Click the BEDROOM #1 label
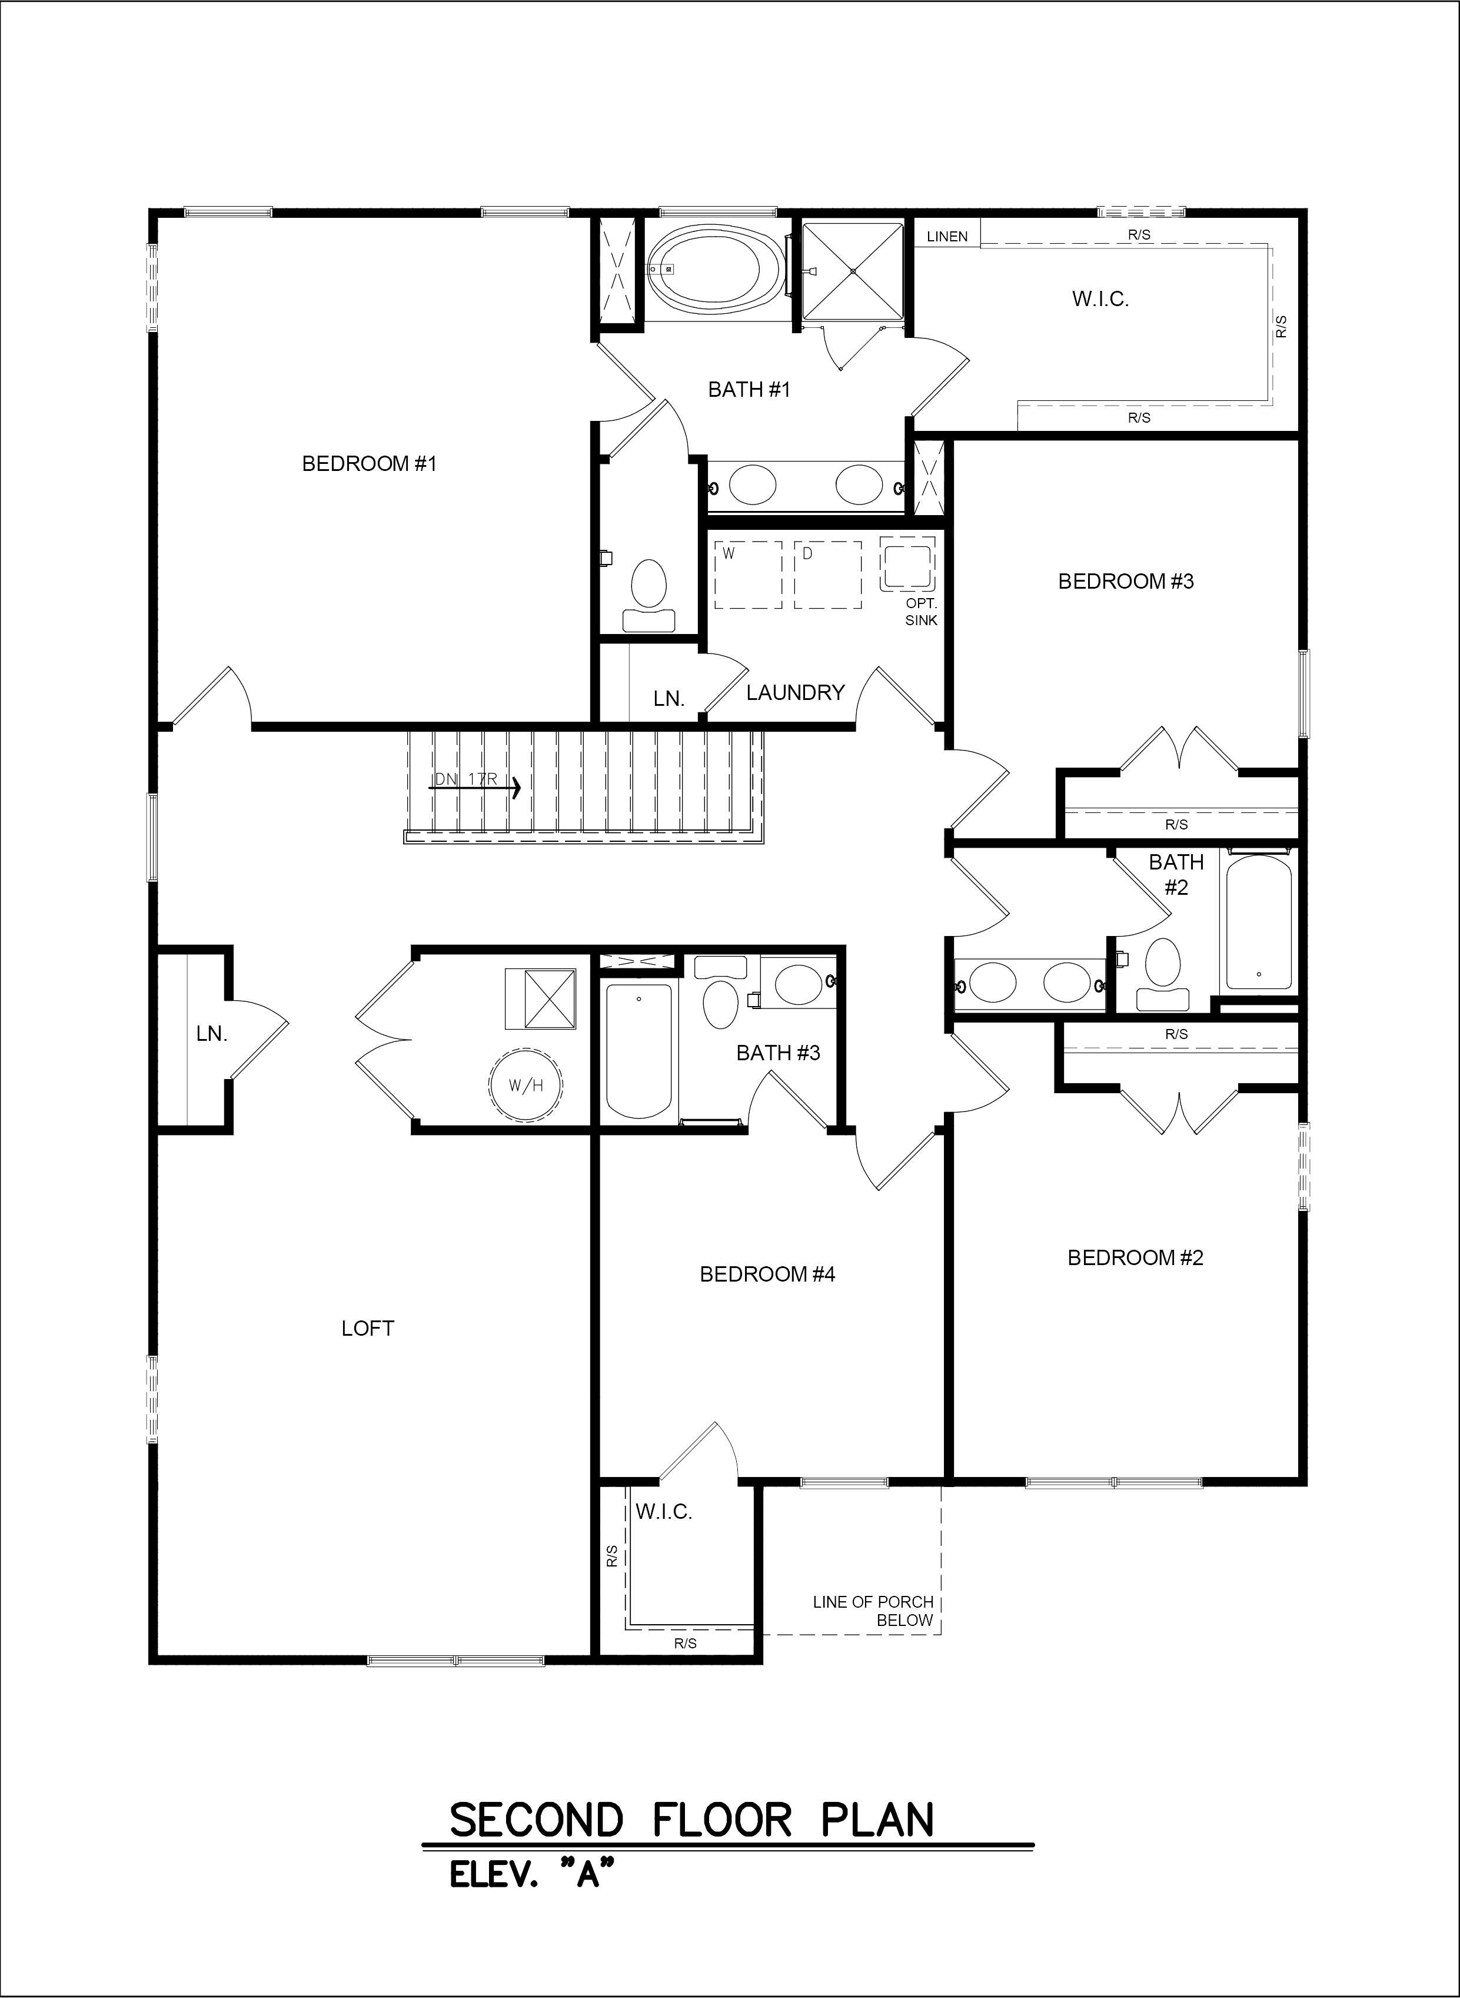pyautogui.click(x=370, y=463)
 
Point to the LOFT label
pyautogui.click(x=368, y=1328)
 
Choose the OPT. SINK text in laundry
pyautogui.click(x=921, y=611)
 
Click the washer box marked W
pyautogui.click(x=748, y=575)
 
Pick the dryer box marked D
pyautogui.click(x=827, y=575)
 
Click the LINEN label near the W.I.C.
pyautogui.click(x=947, y=236)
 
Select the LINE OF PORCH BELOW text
pyautogui.click(x=873, y=1611)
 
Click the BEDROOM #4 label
pyautogui.click(x=767, y=1274)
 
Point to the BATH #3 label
pyautogui.click(x=778, y=1052)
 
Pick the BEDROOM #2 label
pyautogui.click(x=1136, y=1257)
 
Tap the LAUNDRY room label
pyautogui.click(x=796, y=692)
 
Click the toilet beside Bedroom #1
pyautogui.click(x=650, y=595)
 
